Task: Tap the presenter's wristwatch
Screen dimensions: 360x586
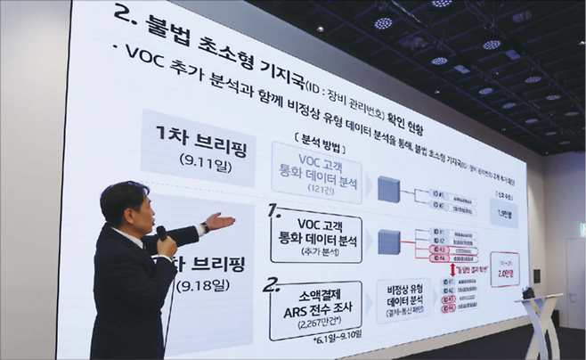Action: (205, 227)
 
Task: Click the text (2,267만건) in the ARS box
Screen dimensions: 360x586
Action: (308, 325)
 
